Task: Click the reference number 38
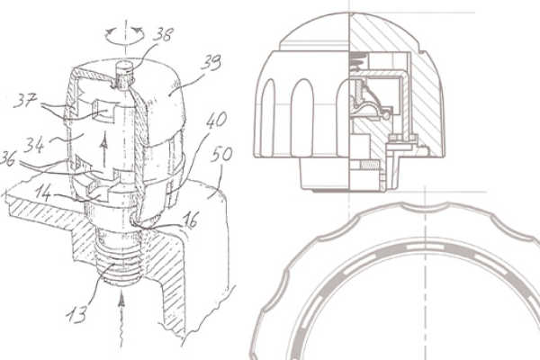pyautogui.click(x=163, y=34)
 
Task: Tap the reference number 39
pyautogui.click(x=211, y=62)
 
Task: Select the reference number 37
pyautogui.click(x=25, y=101)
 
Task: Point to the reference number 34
pyautogui.click(x=34, y=145)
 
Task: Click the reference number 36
pyautogui.click(x=7, y=159)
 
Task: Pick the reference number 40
pyautogui.click(x=217, y=121)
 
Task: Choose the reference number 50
pyautogui.click(x=221, y=154)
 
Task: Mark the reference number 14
pyautogui.click(x=43, y=194)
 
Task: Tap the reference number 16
pyautogui.click(x=191, y=220)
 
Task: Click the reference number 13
pyautogui.click(x=76, y=314)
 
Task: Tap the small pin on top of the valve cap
pyautogui.click(x=125, y=72)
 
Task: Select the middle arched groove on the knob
pyautogui.click(x=302, y=118)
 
